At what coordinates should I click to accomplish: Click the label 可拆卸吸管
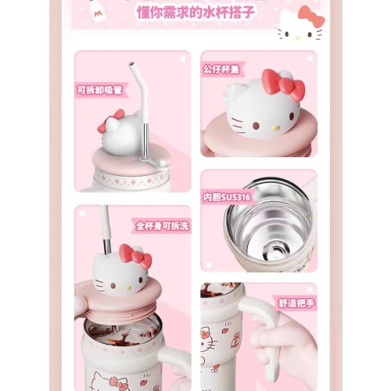[100, 90]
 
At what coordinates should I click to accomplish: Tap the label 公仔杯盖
[221, 70]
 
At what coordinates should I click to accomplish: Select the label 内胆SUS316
[227, 197]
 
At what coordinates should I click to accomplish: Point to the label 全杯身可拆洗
[162, 226]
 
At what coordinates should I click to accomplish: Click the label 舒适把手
[296, 303]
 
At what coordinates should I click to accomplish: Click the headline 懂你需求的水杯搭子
[196, 13]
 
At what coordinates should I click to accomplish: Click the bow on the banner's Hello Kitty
[311, 16]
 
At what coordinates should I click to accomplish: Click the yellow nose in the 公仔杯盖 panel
[276, 127]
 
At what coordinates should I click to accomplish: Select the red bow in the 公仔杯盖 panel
[284, 84]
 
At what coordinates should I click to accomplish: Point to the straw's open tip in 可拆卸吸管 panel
[131, 63]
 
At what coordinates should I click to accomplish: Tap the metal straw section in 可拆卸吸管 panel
[146, 140]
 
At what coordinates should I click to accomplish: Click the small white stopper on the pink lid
[163, 163]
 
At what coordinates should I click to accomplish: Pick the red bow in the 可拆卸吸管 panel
[111, 120]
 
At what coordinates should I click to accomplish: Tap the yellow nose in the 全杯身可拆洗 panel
[128, 288]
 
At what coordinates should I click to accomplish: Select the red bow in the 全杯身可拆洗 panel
[135, 256]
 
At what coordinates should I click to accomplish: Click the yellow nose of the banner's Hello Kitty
[298, 38]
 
